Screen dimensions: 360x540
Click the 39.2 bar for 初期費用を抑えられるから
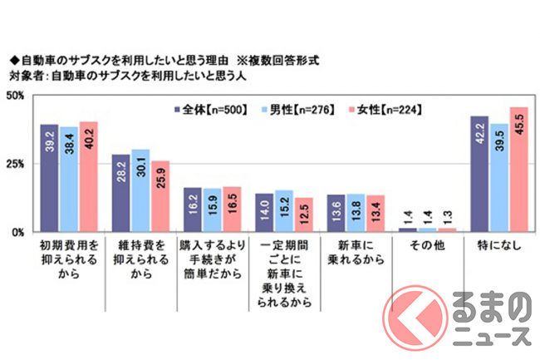point(50,178)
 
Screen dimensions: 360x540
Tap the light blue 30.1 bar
point(141,190)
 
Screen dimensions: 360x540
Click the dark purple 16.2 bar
point(193,210)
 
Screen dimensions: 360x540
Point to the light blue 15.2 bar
point(284,211)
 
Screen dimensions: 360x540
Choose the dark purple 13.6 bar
point(336,214)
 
